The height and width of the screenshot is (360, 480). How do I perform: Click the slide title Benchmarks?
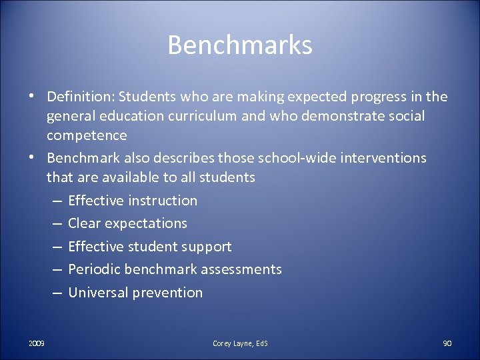[x=240, y=45]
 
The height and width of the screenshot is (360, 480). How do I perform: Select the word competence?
[x=87, y=135]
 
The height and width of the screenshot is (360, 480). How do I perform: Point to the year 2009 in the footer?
[x=37, y=343]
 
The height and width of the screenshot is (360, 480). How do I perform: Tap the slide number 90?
[x=447, y=343]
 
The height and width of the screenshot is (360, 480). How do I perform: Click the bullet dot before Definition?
[x=31, y=97]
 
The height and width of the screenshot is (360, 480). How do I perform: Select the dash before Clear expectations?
[x=57, y=223]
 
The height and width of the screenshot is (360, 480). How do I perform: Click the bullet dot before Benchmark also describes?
[x=31, y=158]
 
